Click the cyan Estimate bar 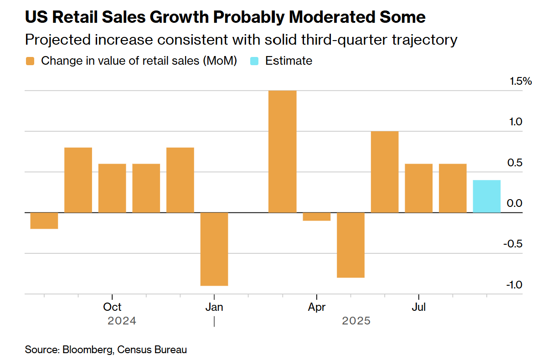486,196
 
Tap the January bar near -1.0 214,249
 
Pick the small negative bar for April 316,216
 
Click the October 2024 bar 112,188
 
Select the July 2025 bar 418,188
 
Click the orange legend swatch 31,61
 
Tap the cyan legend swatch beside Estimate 255,61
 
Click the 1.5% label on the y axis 521,82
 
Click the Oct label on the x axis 112,307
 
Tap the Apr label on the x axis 316,307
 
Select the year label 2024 122,321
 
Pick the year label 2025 356,321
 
